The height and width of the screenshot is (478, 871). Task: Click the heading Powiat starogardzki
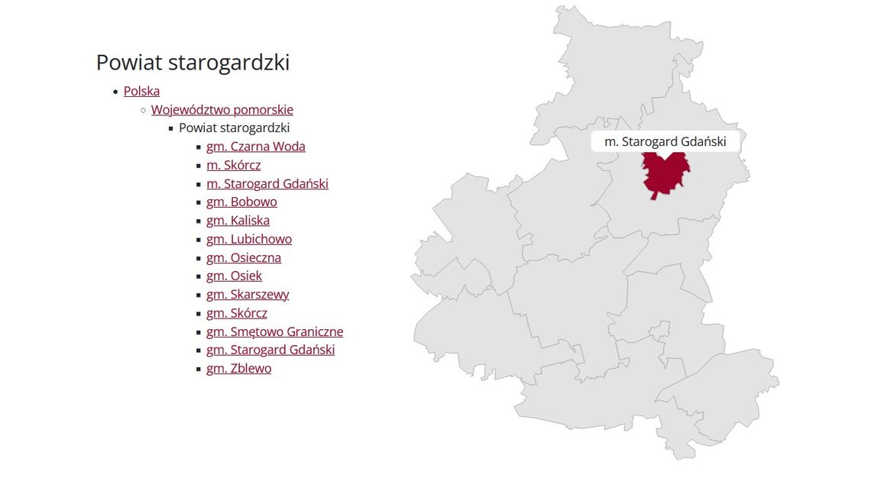pyautogui.click(x=193, y=63)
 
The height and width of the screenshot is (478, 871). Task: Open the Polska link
pyautogui.click(x=141, y=92)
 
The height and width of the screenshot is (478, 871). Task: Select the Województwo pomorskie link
pyautogui.click(x=222, y=110)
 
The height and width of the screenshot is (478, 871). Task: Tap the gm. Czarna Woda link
pyautogui.click(x=255, y=147)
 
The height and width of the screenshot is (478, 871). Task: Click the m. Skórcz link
pyautogui.click(x=233, y=165)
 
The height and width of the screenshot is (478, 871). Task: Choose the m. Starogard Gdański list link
pyautogui.click(x=267, y=184)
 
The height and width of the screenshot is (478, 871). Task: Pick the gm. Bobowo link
pyautogui.click(x=241, y=202)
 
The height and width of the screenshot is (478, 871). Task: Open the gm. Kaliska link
pyautogui.click(x=238, y=221)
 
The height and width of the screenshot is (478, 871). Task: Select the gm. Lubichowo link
pyautogui.click(x=248, y=239)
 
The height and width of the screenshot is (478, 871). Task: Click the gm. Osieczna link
pyautogui.click(x=243, y=258)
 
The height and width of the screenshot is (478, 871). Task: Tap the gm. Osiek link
pyautogui.click(x=234, y=276)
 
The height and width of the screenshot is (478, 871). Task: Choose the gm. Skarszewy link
pyautogui.click(x=248, y=295)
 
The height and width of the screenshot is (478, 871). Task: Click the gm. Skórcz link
pyautogui.click(x=236, y=313)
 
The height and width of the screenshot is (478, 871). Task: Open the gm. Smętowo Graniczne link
pyautogui.click(x=274, y=332)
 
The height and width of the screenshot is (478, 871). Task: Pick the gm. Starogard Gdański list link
pyautogui.click(x=270, y=350)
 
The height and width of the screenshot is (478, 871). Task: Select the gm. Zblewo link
pyautogui.click(x=238, y=369)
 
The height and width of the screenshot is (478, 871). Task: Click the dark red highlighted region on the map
pyautogui.click(x=665, y=176)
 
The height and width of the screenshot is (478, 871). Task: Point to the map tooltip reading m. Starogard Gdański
pyautogui.click(x=665, y=142)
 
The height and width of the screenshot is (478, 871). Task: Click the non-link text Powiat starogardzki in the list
pyautogui.click(x=234, y=128)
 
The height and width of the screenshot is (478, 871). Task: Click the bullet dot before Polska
pyautogui.click(x=115, y=92)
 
